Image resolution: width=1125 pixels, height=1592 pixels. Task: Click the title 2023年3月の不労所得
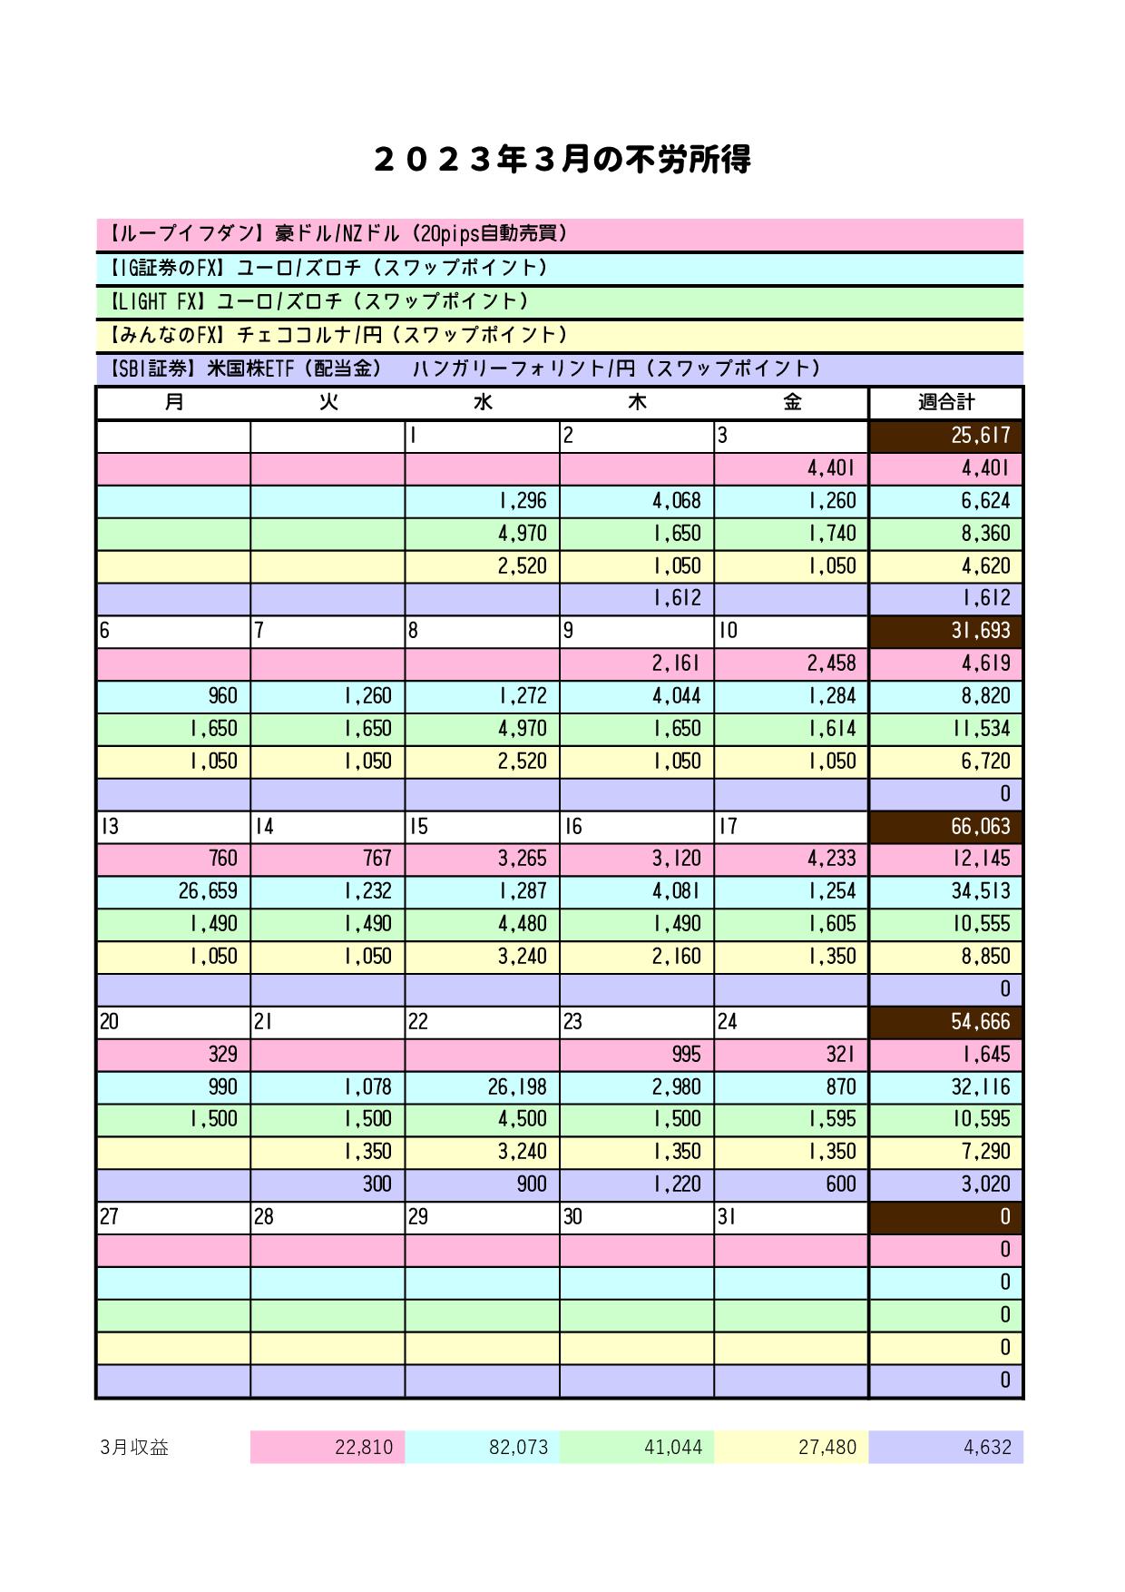tap(562, 161)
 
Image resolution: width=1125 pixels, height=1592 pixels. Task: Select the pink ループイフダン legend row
tap(559, 234)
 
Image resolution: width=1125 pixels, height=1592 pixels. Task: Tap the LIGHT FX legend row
tap(559, 301)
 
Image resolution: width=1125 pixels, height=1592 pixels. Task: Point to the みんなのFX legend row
tap(559, 335)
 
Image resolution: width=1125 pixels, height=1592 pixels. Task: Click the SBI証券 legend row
tap(559, 369)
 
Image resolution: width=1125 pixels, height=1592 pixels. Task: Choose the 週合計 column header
tap(946, 402)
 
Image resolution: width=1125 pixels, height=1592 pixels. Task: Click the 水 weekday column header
tap(483, 402)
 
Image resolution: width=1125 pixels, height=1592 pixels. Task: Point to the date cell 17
tap(791, 827)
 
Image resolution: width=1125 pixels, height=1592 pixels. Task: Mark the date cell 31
tap(791, 1217)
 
